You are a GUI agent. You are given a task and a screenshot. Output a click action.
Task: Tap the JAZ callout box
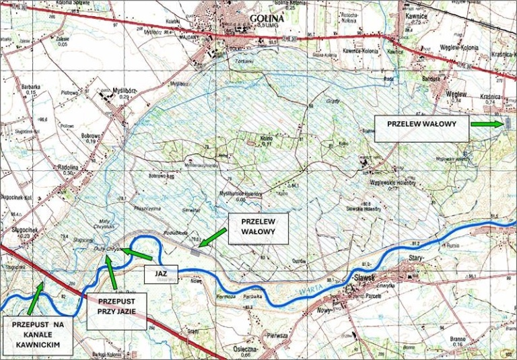(161, 273)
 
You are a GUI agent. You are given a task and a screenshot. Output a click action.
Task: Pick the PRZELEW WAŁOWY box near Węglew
(421, 125)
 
